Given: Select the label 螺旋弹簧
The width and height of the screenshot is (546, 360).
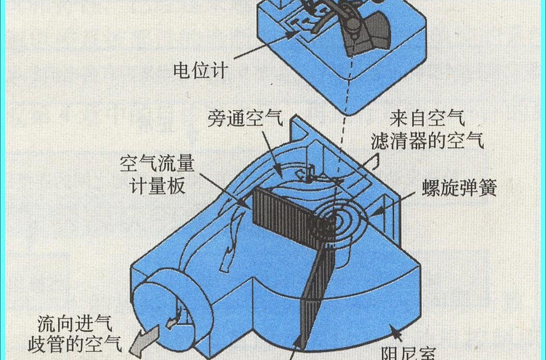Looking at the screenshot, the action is click(459, 188).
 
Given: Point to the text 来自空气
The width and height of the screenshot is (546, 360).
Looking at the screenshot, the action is click(427, 118).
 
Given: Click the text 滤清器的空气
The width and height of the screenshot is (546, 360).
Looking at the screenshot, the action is click(427, 141).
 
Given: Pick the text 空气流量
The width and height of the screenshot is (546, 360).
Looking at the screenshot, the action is click(157, 164).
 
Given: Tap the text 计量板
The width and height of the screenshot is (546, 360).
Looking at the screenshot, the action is click(157, 186).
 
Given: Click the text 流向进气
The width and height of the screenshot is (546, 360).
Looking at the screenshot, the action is click(75, 324).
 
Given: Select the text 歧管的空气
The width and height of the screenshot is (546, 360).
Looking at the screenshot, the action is click(75, 345).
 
